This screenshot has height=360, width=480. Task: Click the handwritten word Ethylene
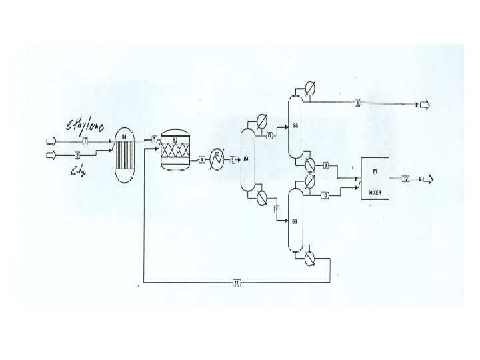[84, 127]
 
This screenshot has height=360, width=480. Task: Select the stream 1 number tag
[85, 142]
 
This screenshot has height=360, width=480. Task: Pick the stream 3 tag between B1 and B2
[154, 139]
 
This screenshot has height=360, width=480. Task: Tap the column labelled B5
[295, 125]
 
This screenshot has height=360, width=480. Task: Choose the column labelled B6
[295, 220]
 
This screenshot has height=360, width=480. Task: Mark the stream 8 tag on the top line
[357, 103]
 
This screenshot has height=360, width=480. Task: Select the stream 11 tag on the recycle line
[237, 282]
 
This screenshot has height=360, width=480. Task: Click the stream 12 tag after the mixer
[405, 179]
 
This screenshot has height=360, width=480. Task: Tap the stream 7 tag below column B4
[276, 210]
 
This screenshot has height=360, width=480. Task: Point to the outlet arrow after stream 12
[427, 179]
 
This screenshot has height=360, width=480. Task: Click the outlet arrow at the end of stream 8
[424, 104]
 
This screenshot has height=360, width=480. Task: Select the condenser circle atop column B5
[309, 89]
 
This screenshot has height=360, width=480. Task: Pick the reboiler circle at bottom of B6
[310, 257]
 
